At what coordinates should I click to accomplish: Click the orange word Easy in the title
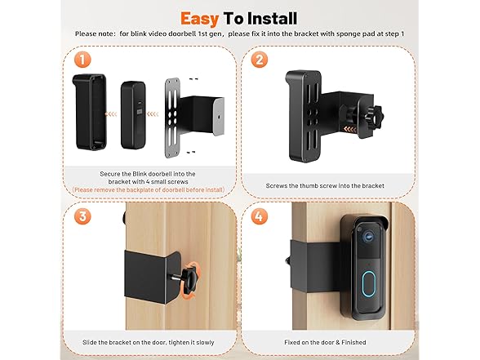[x=199, y=19]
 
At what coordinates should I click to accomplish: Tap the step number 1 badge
[x=82, y=60]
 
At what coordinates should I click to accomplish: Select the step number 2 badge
[x=260, y=60]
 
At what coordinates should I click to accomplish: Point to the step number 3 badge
[x=82, y=216]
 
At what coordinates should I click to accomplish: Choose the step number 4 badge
[x=260, y=216]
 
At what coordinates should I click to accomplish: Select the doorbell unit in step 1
[x=133, y=115]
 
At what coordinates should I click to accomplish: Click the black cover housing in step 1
[x=90, y=112]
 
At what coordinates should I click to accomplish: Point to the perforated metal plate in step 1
[x=172, y=118]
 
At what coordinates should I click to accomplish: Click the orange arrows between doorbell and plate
[x=153, y=114]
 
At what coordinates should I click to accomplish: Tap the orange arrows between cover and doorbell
[x=111, y=114]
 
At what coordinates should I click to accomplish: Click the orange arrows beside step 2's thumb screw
[x=350, y=129]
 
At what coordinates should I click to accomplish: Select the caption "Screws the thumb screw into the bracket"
[x=325, y=186]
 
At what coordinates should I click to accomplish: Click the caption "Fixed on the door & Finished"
[x=325, y=342]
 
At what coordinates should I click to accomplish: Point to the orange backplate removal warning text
[x=149, y=189]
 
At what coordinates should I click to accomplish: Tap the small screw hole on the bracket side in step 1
[x=219, y=117]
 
